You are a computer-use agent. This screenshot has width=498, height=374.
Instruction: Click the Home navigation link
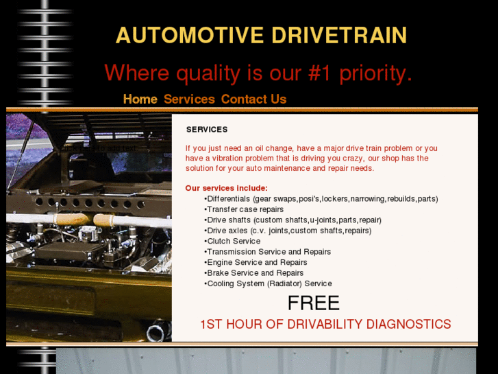(x=140, y=99)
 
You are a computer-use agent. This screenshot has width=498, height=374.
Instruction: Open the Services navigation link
(x=189, y=99)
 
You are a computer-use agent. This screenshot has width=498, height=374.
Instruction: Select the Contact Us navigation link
(x=253, y=99)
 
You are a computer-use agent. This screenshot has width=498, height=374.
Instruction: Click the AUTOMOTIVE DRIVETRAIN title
(x=261, y=35)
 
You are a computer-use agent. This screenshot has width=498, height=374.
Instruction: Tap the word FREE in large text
(x=313, y=303)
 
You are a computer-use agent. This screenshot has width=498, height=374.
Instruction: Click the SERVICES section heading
(x=207, y=129)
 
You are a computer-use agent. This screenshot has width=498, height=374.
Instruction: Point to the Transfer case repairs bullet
(x=245, y=209)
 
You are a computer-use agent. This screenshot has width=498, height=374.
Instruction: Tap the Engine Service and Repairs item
(x=257, y=262)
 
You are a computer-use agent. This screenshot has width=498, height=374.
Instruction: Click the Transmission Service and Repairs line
(x=269, y=252)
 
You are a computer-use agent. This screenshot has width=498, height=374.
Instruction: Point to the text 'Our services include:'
(x=226, y=188)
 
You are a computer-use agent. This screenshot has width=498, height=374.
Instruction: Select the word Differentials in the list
(x=229, y=198)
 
